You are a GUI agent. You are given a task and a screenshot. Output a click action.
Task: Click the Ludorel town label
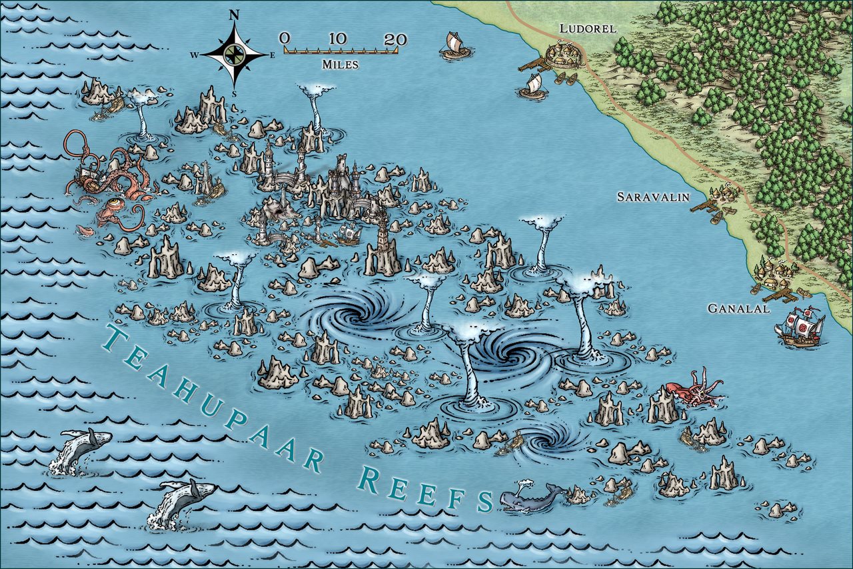pyautogui.click(x=587, y=29)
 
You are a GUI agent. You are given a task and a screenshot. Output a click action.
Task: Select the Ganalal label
pyautogui.click(x=738, y=309)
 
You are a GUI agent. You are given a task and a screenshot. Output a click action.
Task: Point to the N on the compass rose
pyautogui.click(x=234, y=14)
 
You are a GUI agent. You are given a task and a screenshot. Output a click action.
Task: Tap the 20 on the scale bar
pyautogui.click(x=395, y=39)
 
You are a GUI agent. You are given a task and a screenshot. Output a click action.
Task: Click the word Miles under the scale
pyautogui.click(x=341, y=65)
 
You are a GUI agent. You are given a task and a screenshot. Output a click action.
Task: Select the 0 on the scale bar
pyautogui.click(x=285, y=39)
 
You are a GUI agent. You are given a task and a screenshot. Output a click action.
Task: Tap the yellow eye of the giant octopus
pyautogui.click(x=118, y=202)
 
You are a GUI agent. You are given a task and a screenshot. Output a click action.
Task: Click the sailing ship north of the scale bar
pyautogui.click(x=455, y=45)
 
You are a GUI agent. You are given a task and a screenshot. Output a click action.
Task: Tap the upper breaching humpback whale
pyautogui.click(x=80, y=448)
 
